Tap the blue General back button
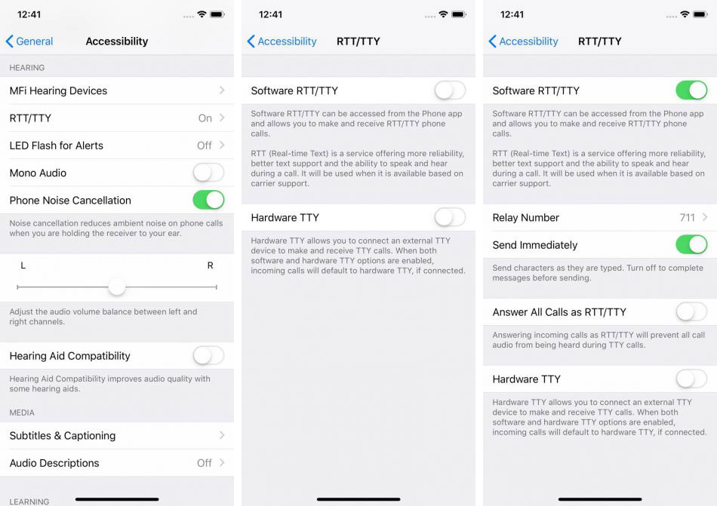pyautogui.click(x=29, y=41)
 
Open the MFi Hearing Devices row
pyautogui.click(x=116, y=90)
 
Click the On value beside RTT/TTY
pyautogui.click(x=205, y=118)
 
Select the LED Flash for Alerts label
pyautogui.click(x=57, y=146)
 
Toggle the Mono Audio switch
pyautogui.click(x=208, y=173)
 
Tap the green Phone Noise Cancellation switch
pyautogui.click(x=208, y=200)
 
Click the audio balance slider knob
pyautogui.click(x=117, y=287)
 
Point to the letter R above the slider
pyautogui.click(x=211, y=265)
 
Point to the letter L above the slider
pyautogui.click(x=23, y=265)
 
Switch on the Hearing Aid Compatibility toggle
pyautogui.click(x=208, y=355)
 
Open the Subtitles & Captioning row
pyautogui.click(x=116, y=436)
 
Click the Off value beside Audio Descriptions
pyautogui.click(x=205, y=463)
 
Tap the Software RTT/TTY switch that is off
pyautogui.click(x=450, y=90)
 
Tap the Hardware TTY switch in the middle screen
pyautogui.click(x=450, y=217)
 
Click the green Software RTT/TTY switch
pyautogui.click(x=691, y=90)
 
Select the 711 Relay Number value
pyautogui.click(x=688, y=218)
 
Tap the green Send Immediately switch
pyautogui.click(x=691, y=245)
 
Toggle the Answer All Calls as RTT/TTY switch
pyautogui.click(x=691, y=312)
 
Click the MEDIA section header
pyautogui.click(x=22, y=412)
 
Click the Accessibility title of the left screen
pyautogui.click(x=117, y=41)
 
